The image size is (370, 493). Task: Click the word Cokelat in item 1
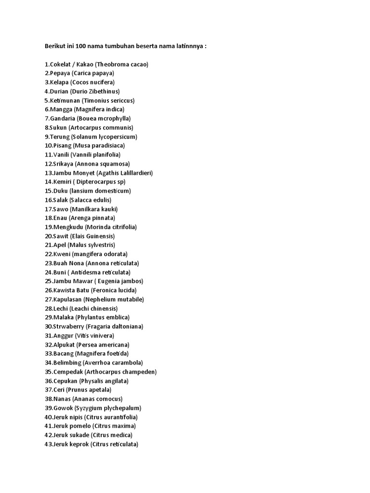61,65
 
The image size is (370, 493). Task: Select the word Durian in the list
58,91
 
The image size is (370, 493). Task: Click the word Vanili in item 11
61,155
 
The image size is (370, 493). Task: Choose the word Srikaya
63,164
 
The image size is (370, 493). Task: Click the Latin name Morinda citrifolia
112,227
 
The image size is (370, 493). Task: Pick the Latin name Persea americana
108,345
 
